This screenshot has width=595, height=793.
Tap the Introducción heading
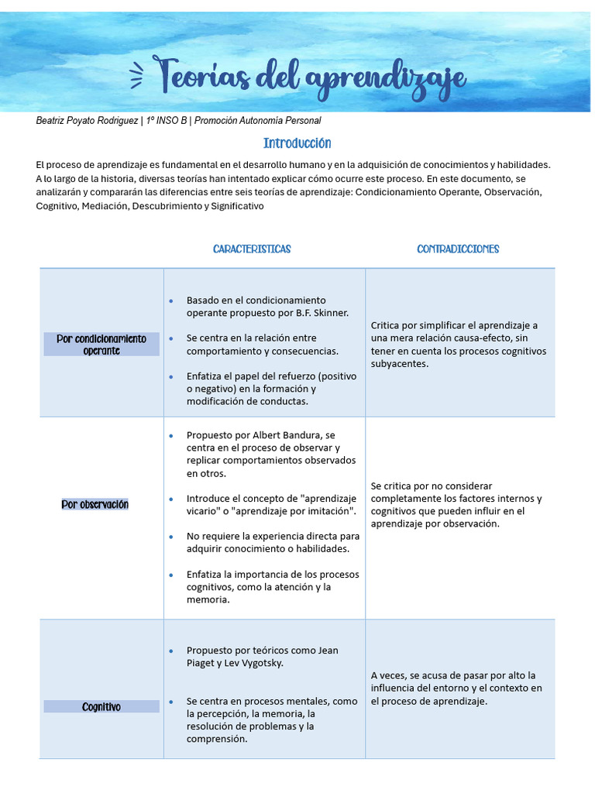pos(297,143)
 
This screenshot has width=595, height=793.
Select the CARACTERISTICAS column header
pos(252,249)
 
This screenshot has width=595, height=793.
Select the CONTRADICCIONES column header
pos(458,249)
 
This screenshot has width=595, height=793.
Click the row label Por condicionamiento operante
pos(101,345)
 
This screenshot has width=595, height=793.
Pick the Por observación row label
pos(95,505)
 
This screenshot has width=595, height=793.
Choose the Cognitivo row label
pos(101,707)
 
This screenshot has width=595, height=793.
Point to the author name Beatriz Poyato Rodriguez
pos(87,121)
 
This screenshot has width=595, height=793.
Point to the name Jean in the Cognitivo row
pos(328,651)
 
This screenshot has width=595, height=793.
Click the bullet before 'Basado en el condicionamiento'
pos(170,300)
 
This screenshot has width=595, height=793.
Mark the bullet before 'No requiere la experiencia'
pos(170,536)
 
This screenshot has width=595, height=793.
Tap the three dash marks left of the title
pos(136,75)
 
